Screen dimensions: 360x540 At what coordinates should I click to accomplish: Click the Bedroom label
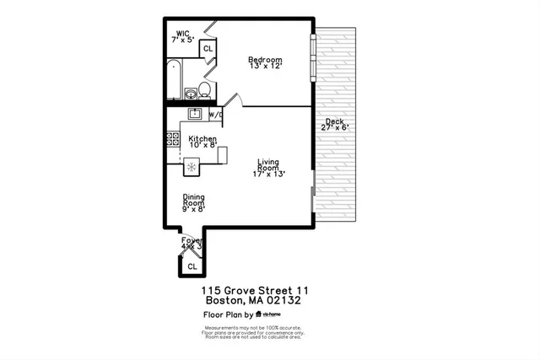click(x=264, y=60)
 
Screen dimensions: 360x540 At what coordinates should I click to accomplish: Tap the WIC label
click(x=183, y=35)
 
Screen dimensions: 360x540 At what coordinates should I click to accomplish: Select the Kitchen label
click(x=202, y=139)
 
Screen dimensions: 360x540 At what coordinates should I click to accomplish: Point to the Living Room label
click(x=269, y=164)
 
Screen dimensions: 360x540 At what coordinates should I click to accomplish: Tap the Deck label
click(x=334, y=121)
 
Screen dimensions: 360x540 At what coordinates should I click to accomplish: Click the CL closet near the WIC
click(x=208, y=50)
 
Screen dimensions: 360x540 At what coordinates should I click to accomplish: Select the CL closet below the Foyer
click(x=192, y=266)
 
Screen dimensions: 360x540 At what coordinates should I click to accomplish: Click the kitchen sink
click(x=193, y=114)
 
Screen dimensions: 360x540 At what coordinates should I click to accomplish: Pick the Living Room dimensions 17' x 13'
click(x=268, y=174)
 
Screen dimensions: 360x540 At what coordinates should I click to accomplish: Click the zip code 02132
click(x=283, y=300)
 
